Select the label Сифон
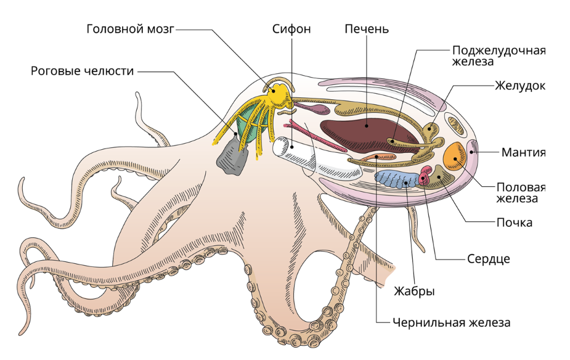[291, 28]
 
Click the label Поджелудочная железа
[499, 56]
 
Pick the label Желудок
[519, 85]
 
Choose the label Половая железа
[521, 192]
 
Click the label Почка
[515, 222]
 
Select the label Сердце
[488, 258]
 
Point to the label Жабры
[414, 291]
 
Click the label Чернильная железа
[450, 322]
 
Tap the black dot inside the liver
[367, 125]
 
